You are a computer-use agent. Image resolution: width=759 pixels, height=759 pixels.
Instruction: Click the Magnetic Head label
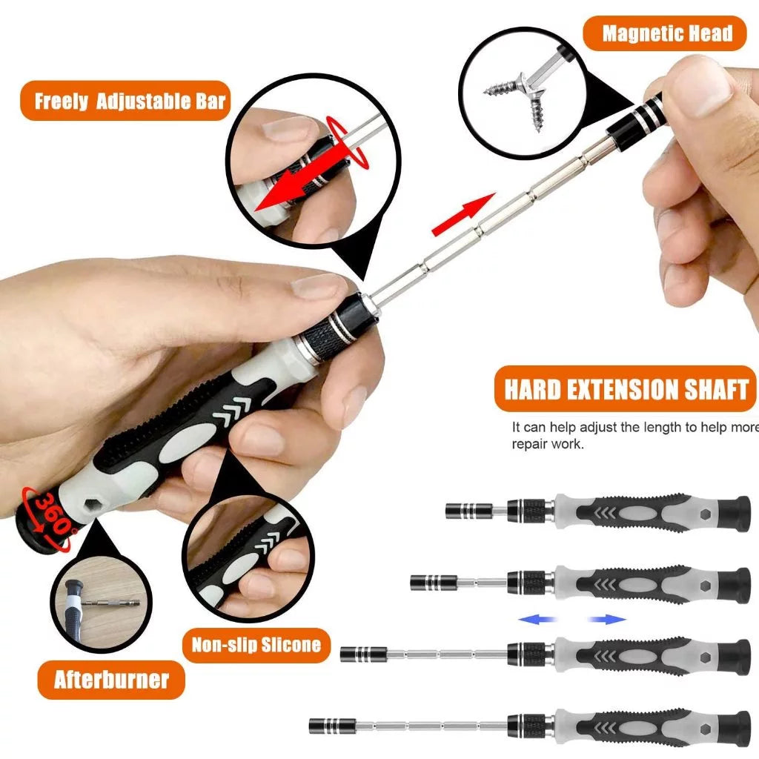click(666, 33)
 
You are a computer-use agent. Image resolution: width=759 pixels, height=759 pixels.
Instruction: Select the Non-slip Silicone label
click(256, 644)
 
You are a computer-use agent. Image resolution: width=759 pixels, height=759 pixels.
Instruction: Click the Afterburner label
click(111, 680)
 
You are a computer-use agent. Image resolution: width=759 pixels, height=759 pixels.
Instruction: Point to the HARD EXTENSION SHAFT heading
click(626, 389)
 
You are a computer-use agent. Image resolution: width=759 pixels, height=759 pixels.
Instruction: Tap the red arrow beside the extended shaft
click(463, 213)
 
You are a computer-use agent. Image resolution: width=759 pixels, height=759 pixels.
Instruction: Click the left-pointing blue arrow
click(538, 620)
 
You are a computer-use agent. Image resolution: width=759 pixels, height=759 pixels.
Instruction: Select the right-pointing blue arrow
click(607, 620)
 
